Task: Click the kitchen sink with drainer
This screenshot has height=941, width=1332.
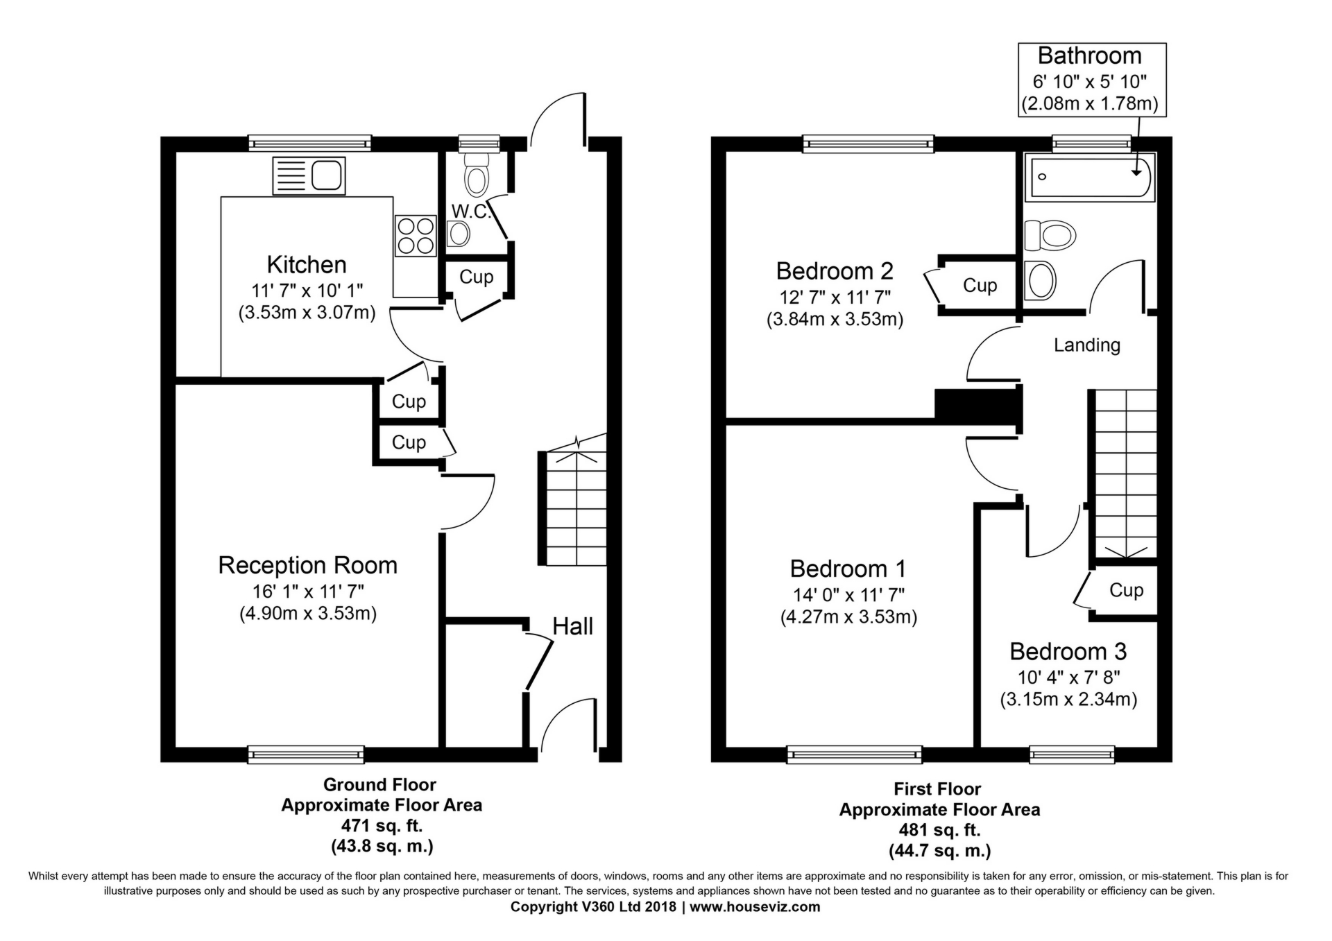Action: [x=309, y=175]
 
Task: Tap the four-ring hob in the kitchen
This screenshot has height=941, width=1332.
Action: [x=415, y=236]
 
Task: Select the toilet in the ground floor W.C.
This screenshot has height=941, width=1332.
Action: [x=476, y=174]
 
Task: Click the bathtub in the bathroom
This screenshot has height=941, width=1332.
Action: [x=1091, y=177]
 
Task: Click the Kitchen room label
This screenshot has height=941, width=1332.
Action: [x=307, y=265]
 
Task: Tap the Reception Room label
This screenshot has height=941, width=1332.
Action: [x=308, y=565]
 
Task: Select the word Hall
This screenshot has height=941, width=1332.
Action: [x=572, y=626]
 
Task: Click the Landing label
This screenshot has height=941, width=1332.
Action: [x=1087, y=345]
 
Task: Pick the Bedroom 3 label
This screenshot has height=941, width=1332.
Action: [x=1068, y=651]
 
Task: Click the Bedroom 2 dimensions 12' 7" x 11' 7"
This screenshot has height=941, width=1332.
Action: [x=835, y=297]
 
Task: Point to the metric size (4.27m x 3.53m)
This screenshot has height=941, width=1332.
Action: [x=848, y=617]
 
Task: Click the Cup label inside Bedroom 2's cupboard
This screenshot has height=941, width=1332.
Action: [x=980, y=286]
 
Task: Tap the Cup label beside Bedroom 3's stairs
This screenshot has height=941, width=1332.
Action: [x=1126, y=590]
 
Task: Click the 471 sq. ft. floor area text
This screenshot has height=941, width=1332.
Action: [x=382, y=826]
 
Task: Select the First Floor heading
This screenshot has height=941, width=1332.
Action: [x=937, y=789]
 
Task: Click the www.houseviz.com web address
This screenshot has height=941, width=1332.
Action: [x=755, y=906]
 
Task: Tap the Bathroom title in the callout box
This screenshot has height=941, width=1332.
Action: [x=1090, y=55]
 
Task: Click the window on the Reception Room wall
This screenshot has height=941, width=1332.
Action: [x=306, y=754]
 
